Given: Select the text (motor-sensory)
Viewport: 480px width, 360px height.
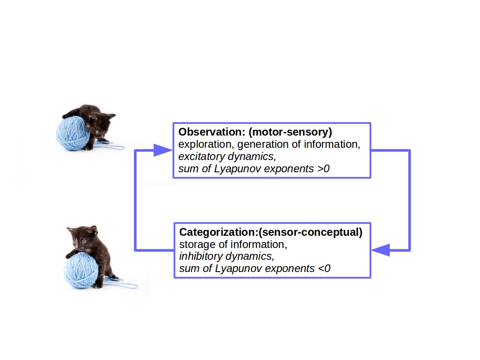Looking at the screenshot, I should [290, 132].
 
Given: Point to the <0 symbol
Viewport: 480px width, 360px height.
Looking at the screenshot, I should [324, 268].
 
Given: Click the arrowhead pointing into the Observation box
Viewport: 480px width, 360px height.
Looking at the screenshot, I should [161, 150].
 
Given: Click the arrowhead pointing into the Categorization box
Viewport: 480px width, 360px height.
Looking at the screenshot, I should [381, 250].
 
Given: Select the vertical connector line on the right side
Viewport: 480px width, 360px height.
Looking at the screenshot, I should [409, 200].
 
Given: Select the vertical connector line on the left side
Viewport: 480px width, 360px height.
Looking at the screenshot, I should [135, 200].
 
